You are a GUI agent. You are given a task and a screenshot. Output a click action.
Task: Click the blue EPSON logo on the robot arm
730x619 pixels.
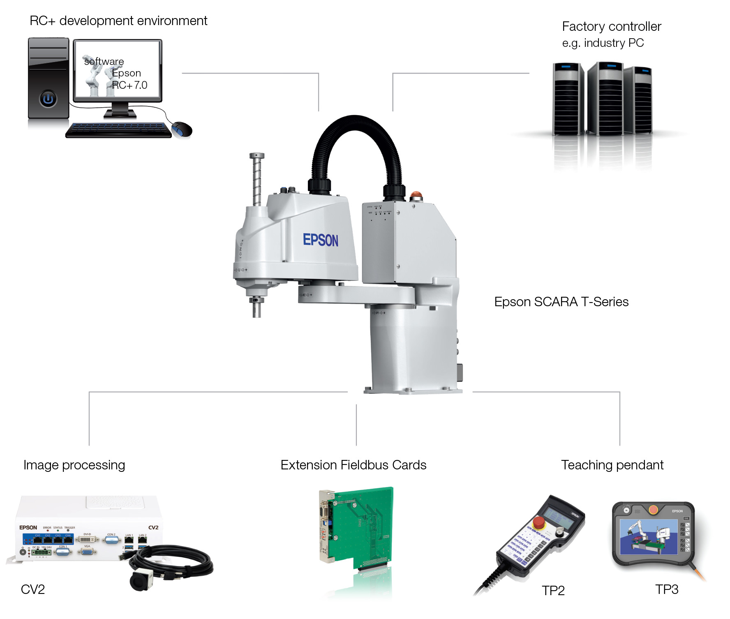[x=321, y=240]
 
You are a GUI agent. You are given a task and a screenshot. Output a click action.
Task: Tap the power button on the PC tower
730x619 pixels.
[x=48, y=99]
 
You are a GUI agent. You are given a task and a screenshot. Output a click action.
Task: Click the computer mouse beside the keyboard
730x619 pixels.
[x=182, y=129]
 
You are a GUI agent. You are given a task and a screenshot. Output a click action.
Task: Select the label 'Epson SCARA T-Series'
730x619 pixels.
[x=561, y=302]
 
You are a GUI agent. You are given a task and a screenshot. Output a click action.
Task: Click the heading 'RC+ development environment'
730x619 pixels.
[x=118, y=21]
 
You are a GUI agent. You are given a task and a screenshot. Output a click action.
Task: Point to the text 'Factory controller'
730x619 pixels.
[x=611, y=26]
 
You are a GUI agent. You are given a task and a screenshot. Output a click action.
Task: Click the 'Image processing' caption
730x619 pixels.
[x=74, y=465]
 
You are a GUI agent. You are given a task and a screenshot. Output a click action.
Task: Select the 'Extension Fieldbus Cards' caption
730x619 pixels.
[x=353, y=465]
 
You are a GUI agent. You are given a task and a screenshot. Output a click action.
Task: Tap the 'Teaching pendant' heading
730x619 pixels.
[x=612, y=465]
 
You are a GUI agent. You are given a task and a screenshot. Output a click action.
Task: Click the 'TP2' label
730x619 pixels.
[x=553, y=591]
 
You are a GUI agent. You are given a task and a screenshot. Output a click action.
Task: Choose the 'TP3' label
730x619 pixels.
[x=666, y=589]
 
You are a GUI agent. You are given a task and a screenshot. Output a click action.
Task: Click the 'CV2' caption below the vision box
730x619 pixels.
[x=32, y=589]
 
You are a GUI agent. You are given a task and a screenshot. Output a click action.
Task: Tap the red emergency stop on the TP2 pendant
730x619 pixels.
[x=538, y=523]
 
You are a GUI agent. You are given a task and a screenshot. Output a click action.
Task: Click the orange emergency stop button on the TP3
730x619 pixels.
[x=653, y=510]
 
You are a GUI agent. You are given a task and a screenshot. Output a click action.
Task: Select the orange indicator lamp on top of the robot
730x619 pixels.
[x=416, y=194]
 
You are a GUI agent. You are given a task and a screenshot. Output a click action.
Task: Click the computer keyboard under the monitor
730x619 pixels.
[x=118, y=130]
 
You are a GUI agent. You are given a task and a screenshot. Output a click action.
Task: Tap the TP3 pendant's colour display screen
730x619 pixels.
[x=649, y=536]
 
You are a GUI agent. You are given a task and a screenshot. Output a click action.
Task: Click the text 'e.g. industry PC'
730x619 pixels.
[x=603, y=43]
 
